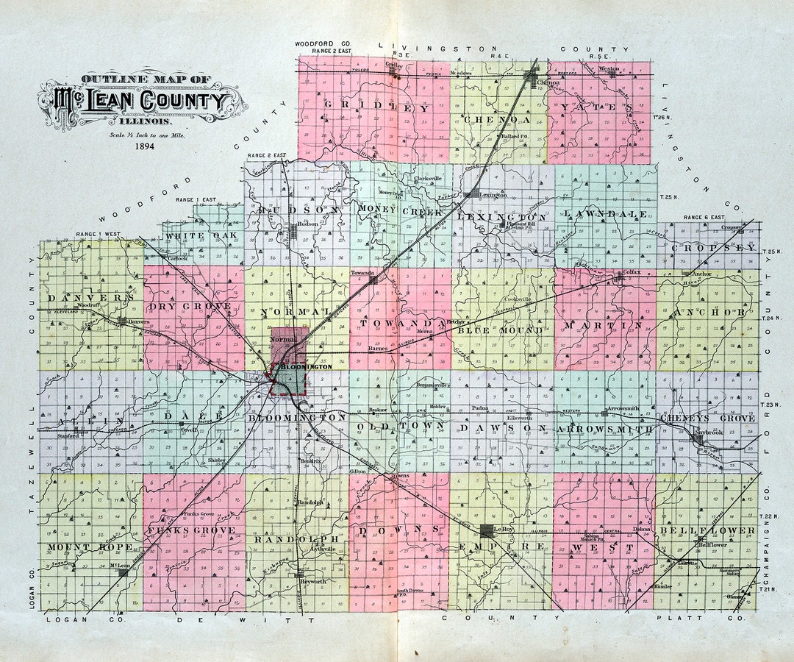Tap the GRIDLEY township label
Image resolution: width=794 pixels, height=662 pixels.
374,108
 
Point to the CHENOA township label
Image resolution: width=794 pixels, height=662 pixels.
496,118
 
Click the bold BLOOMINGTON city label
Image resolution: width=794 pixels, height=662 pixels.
312,366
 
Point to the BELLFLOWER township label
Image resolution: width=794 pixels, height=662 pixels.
707,530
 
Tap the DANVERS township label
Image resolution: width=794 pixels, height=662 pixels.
90,297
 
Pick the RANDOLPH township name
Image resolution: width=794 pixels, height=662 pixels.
290,539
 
